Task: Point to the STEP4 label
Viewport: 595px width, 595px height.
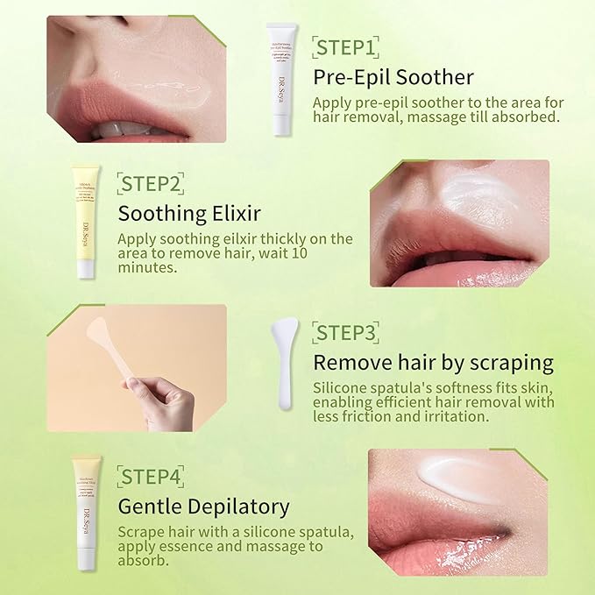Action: [x=151, y=477]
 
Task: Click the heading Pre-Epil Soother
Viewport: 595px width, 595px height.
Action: [x=393, y=77]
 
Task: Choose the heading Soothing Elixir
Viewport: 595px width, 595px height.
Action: [x=189, y=213]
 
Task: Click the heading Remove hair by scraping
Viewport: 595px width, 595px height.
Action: [x=433, y=362]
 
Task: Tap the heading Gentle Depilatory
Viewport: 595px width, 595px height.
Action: [x=203, y=506]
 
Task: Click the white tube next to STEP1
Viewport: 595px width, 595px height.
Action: [x=280, y=79]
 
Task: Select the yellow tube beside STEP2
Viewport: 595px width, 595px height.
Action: [x=85, y=221]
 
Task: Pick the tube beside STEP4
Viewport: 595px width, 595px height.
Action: [x=87, y=514]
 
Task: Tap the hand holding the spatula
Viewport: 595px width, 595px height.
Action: [x=166, y=404]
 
